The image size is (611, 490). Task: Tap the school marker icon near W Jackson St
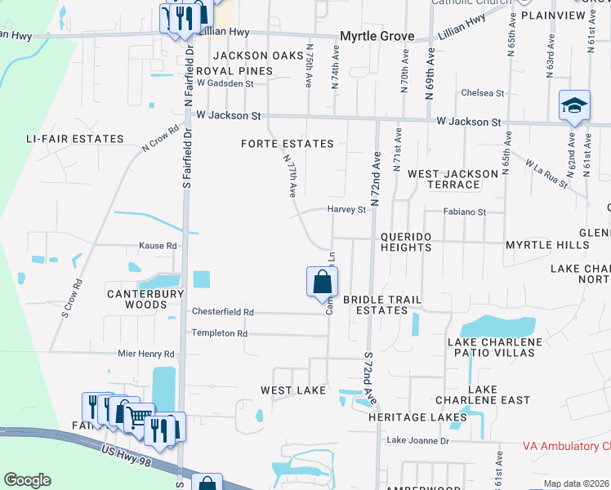click(x=574, y=106)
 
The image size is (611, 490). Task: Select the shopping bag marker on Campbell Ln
click(x=322, y=283)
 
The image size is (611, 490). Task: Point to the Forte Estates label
click(x=287, y=144)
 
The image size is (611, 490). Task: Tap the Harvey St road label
click(x=346, y=210)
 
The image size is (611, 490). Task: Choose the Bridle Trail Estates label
click(x=376, y=305)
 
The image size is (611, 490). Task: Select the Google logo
click(x=27, y=480)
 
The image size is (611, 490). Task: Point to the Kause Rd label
click(x=158, y=245)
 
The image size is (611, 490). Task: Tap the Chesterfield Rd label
click(x=223, y=312)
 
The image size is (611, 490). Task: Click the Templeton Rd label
click(x=219, y=333)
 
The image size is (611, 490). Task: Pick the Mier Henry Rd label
click(x=146, y=354)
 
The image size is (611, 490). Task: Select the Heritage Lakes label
click(x=417, y=417)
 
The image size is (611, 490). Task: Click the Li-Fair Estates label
click(x=74, y=139)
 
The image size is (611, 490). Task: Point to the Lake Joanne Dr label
click(x=417, y=441)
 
